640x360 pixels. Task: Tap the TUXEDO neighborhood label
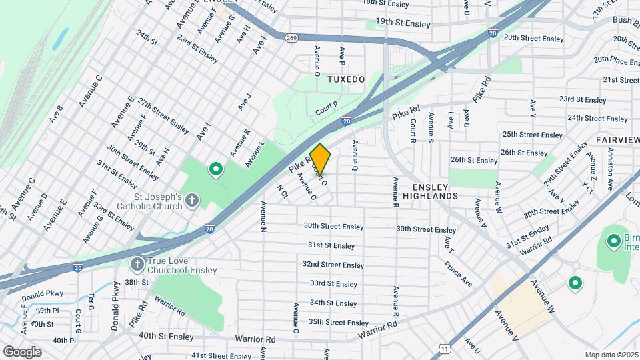click(346, 79)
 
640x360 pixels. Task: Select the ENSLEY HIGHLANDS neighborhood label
click(435, 191)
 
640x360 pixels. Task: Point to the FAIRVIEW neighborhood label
click(617, 140)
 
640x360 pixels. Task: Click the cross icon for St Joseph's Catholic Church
click(192, 199)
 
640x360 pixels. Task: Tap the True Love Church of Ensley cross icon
click(137, 265)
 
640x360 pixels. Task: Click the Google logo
click(22, 351)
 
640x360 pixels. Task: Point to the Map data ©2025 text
click(611, 355)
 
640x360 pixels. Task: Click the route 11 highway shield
click(445, 347)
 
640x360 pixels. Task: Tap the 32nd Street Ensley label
click(333, 265)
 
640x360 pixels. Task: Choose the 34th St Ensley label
click(333, 303)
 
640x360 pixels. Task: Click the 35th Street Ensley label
click(339, 322)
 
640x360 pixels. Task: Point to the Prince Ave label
click(459, 274)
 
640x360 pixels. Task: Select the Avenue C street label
click(90, 91)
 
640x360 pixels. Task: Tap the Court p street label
click(327, 107)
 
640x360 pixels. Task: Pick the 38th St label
click(135, 282)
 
